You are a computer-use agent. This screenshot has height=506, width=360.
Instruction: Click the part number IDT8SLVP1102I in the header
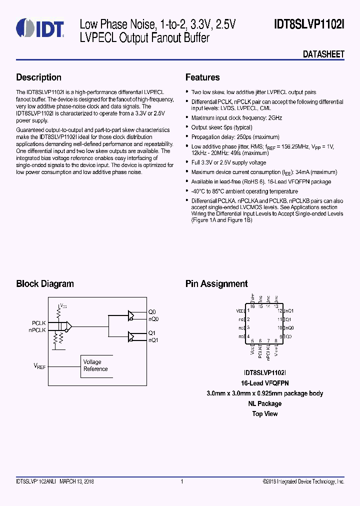[309, 24]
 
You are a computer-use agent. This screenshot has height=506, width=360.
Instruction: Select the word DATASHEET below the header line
[323, 54]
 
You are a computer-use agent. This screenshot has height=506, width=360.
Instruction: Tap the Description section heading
[39, 77]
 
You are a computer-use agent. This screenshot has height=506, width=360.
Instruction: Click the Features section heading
[202, 77]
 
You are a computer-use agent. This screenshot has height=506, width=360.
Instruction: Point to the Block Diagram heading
[45, 284]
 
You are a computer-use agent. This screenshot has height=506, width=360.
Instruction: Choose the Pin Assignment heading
[216, 284]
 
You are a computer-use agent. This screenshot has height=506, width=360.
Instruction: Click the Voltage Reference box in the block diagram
[95, 365]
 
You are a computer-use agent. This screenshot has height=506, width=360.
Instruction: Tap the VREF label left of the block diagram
[39, 366]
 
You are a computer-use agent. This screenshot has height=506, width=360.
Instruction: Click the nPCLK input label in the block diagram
[37, 330]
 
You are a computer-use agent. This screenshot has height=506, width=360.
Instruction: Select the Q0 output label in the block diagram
[152, 312]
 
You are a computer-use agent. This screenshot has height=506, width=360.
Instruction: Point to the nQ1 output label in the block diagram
[153, 340]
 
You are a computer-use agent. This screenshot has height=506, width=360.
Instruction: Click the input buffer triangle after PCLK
[68, 326]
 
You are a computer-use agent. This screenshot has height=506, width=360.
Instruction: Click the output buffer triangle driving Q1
[131, 336]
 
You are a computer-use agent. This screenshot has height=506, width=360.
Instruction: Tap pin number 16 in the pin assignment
[252, 306]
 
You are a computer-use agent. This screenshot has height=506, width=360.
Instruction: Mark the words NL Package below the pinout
[264, 403]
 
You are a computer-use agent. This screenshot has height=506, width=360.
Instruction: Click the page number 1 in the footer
[181, 481]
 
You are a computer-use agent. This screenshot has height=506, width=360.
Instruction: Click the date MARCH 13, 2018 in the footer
[77, 481]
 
